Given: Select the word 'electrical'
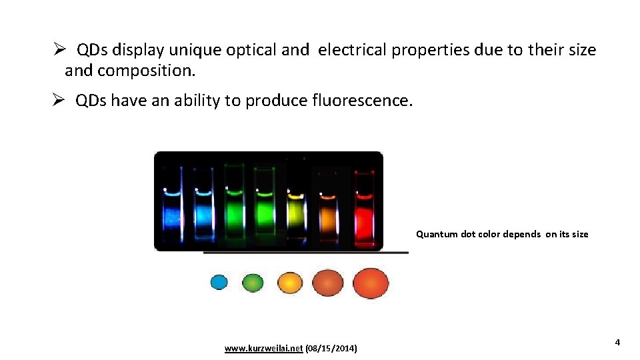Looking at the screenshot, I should [352, 50].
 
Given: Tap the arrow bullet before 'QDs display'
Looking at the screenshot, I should [59, 50].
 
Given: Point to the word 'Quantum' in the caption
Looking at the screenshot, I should [437, 234].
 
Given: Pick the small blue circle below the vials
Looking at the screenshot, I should [219, 283].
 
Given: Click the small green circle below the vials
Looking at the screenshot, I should [253, 283].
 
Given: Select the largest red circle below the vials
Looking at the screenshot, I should [371, 283].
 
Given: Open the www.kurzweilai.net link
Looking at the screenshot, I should [263, 349].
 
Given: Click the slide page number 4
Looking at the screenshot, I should [617, 343].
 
